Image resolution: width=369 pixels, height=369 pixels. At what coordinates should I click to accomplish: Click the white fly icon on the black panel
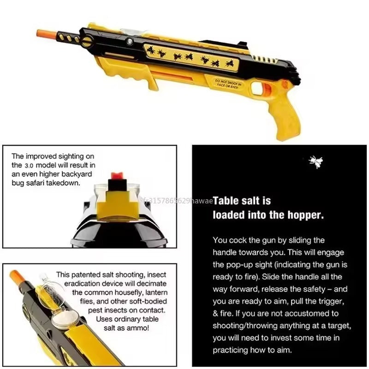(x=316, y=161)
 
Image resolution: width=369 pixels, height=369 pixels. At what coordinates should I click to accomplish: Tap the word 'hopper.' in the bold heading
(x=303, y=215)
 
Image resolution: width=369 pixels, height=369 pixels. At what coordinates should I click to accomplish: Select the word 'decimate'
(x=151, y=283)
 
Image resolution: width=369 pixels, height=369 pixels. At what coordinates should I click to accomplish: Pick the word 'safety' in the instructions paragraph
(x=318, y=289)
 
